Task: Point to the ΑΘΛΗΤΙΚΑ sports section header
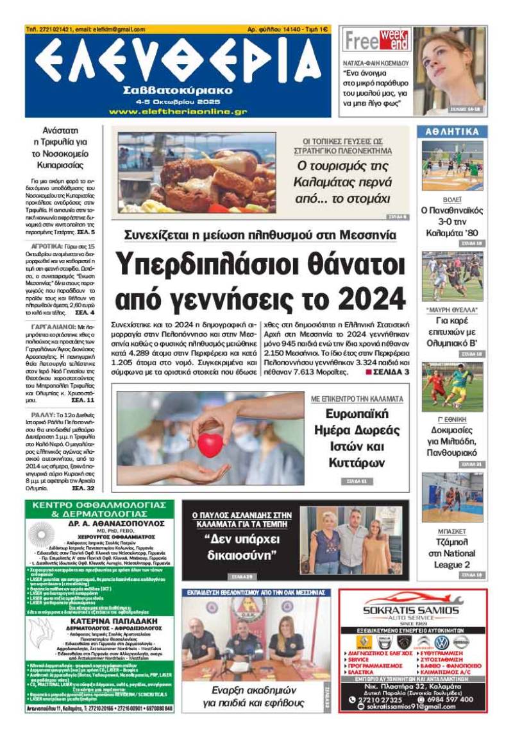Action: click(452, 132)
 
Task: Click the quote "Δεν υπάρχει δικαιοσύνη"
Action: click(238, 545)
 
